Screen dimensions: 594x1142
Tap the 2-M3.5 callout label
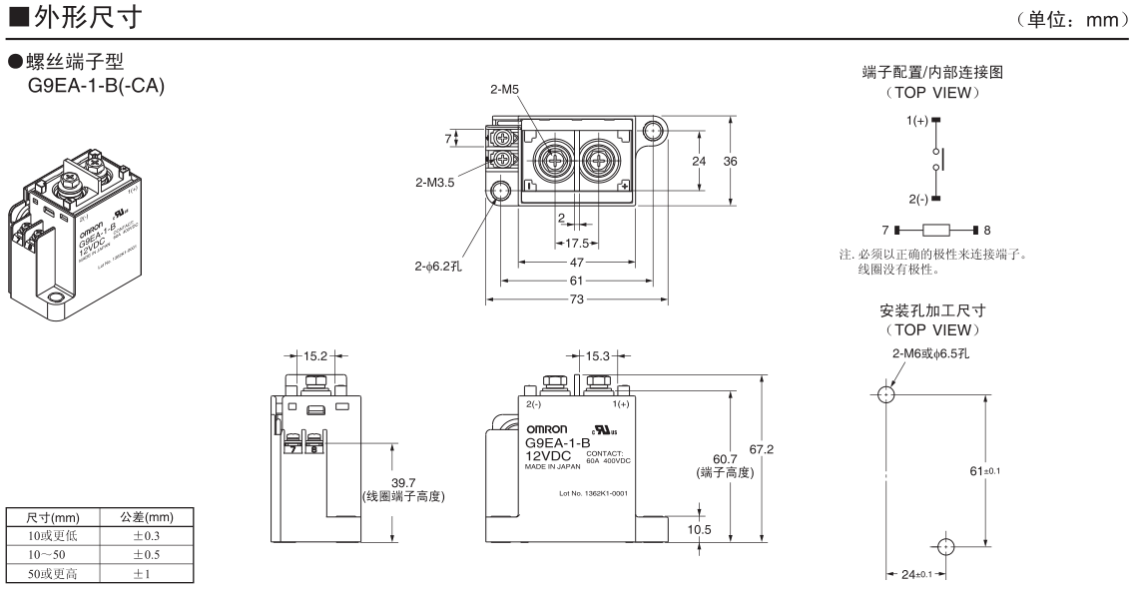434,183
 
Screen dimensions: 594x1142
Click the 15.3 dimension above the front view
600,354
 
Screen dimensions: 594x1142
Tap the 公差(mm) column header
139,518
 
